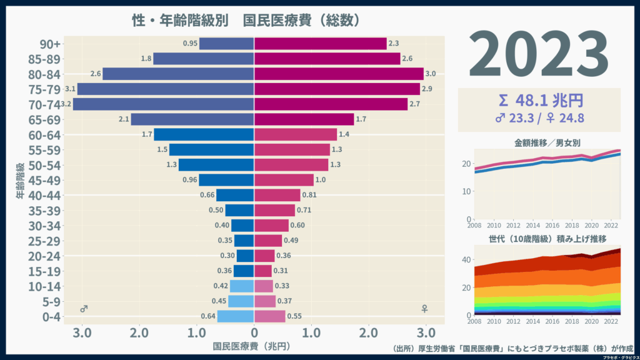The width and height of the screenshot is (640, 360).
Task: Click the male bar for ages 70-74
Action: [164, 104]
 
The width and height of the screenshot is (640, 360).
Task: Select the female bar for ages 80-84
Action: [339, 74]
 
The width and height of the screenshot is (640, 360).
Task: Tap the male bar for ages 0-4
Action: [236, 316]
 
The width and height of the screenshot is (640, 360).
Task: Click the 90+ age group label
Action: [50, 44]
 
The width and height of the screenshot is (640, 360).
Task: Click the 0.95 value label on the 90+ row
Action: [190, 44]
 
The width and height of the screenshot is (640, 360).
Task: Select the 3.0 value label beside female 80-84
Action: [431, 74]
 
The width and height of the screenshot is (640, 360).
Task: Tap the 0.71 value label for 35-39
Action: [303, 210]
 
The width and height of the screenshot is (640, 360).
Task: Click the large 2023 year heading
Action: [539, 54]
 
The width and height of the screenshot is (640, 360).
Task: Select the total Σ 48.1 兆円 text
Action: [539, 100]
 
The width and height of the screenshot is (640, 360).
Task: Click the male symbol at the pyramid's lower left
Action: [84, 309]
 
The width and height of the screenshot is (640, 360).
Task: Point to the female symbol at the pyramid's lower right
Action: [425, 309]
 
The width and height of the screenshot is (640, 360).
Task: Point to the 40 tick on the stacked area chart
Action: [466, 260]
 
